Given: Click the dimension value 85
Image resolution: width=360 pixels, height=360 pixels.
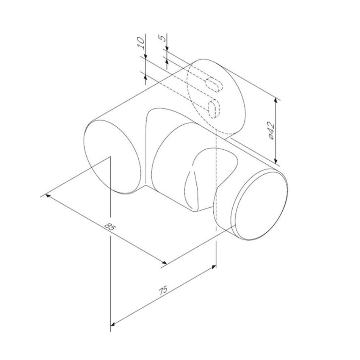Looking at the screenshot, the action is point(110,227).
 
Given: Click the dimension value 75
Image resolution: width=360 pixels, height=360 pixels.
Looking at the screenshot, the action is point(163,290).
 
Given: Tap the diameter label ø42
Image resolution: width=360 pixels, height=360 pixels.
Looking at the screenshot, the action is point(271,130).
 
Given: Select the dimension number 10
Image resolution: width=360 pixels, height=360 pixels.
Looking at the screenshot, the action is point(141,44).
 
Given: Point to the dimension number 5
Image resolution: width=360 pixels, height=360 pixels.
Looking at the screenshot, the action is point(162,38).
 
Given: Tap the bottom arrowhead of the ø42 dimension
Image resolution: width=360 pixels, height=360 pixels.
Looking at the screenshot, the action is point(276,160).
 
